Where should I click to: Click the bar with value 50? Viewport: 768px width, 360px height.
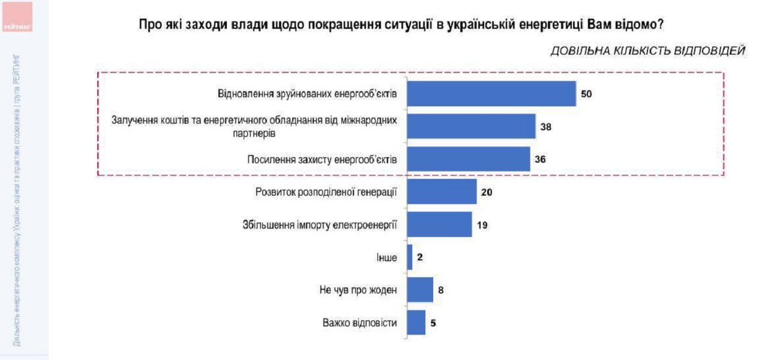tap(491, 94)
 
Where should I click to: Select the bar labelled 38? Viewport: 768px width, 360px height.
tap(471, 127)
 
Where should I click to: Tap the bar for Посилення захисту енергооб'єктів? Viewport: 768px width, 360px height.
tap(469, 159)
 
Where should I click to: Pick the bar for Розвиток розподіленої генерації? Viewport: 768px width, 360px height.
tap(442, 192)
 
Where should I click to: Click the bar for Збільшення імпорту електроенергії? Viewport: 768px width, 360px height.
tap(439, 225)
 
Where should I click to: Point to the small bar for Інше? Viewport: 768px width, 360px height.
tap(410, 257)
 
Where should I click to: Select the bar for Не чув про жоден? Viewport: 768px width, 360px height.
tap(420, 290)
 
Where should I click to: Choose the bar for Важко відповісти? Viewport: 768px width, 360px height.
tap(416, 323)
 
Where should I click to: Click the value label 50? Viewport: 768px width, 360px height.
tap(587, 94)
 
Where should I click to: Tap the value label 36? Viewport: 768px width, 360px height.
tap(541, 160)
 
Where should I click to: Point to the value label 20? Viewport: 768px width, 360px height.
tap(487, 193)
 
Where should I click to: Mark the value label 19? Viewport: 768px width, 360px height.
tap(482, 226)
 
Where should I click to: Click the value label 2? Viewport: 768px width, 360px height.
tap(421, 258)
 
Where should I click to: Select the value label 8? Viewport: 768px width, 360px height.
tap(440, 290)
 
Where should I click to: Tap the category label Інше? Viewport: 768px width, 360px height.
tap(386, 258)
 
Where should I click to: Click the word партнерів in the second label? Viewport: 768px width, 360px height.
tap(254, 133)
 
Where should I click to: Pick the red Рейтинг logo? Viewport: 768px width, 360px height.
tap(17, 16)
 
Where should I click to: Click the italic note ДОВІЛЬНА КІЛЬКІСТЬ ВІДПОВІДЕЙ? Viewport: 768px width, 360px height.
tap(648, 51)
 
